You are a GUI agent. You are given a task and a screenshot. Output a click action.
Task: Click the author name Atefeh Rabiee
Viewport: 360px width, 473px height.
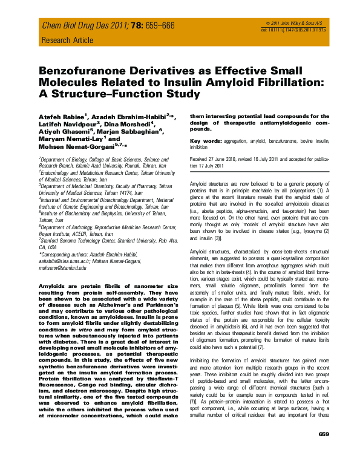[x=63, y=116]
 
